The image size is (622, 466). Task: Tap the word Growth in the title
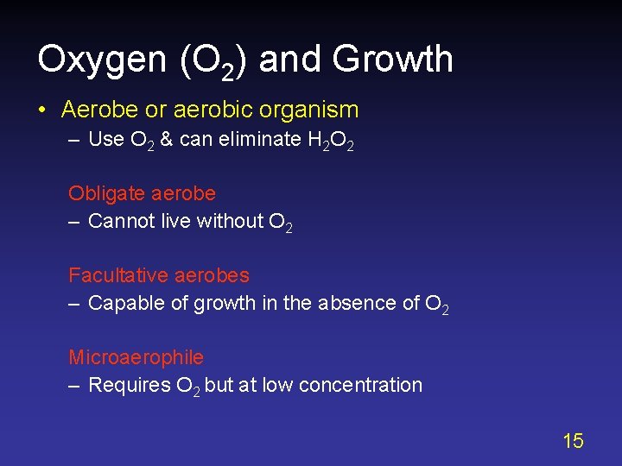point(392,60)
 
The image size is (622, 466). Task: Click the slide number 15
point(573,442)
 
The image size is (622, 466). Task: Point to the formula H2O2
point(330,141)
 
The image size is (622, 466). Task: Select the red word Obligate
point(105,193)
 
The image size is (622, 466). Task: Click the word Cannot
point(121,221)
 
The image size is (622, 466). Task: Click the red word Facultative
point(118,275)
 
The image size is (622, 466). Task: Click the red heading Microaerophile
point(136,357)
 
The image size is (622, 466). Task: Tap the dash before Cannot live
point(74,221)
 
